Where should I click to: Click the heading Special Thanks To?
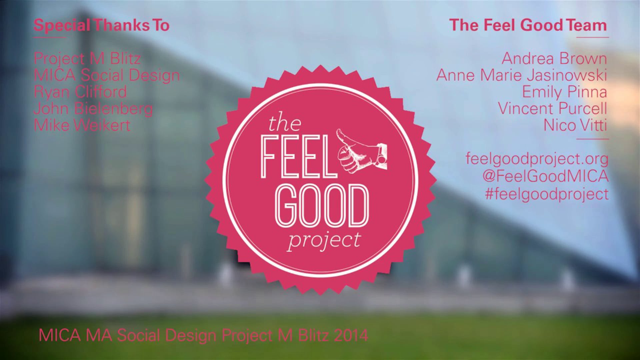click(102, 26)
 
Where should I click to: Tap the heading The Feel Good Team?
click(528, 26)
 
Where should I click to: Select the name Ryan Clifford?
click(80, 92)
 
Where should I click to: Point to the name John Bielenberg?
click(93, 109)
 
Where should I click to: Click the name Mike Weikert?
click(82, 125)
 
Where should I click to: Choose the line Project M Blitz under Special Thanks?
click(87, 59)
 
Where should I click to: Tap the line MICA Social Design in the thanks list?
click(107, 75)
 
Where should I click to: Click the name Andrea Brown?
click(554, 59)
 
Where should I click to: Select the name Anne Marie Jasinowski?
click(522, 75)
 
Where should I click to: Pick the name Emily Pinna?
click(564, 92)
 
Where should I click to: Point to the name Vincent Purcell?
click(552, 109)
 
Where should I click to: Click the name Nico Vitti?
click(575, 125)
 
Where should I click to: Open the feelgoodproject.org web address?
click(537, 159)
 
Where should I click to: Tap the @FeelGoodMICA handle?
click(545, 176)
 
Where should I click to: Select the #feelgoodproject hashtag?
click(547, 194)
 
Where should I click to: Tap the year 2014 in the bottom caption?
click(351, 335)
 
